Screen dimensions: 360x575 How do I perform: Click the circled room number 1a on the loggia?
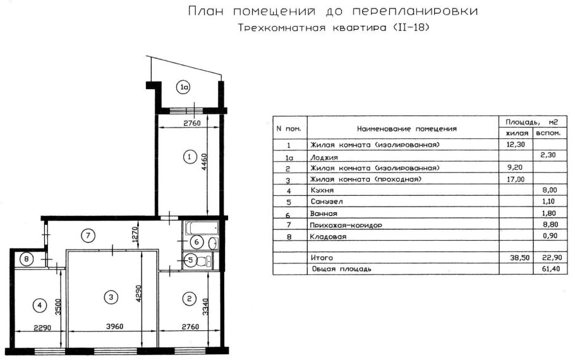pyautogui.click(x=183, y=88)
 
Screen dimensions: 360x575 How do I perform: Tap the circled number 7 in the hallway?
pyautogui.click(x=89, y=236)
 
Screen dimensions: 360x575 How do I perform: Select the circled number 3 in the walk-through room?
pyautogui.click(x=111, y=296)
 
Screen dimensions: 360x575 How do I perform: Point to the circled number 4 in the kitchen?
pyautogui.click(x=40, y=306)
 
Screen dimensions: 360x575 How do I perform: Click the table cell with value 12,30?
pyautogui.click(x=515, y=145)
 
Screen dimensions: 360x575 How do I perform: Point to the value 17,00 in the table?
pyautogui.click(x=515, y=179)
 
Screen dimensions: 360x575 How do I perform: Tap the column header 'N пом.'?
pyautogui.click(x=289, y=128)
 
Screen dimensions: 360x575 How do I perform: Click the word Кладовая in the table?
pyautogui.click(x=327, y=237)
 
